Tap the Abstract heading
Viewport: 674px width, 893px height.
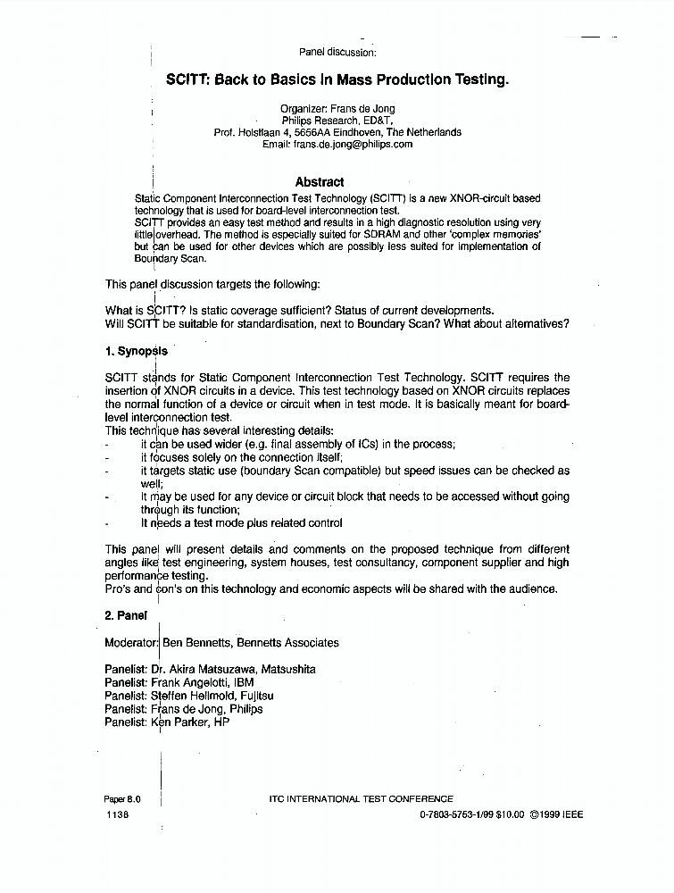(319, 182)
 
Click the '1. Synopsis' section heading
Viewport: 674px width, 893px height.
(136, 352)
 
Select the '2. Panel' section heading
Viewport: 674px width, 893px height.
(126, 615)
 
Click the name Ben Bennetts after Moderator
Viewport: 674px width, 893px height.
(196, 643)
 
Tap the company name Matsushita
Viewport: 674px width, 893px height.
(287, 670)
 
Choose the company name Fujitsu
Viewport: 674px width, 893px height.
(257, 696)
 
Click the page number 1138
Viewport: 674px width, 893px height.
(117, 815)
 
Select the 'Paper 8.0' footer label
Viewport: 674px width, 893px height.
(122, 799)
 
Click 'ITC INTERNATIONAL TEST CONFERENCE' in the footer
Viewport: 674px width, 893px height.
(361, 799)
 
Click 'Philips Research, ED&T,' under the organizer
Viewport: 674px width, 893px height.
(337, 121)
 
